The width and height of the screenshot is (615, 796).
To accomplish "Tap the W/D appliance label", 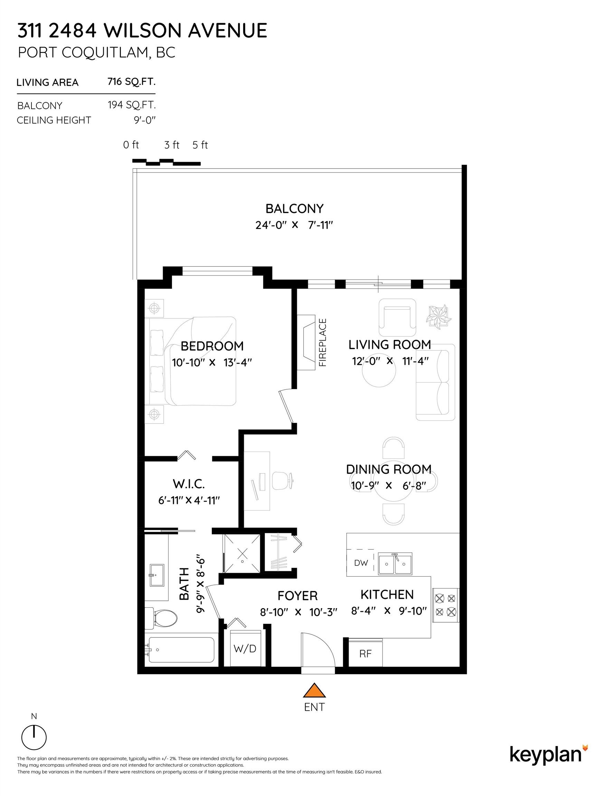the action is pyautogui.click(x=245, y=648).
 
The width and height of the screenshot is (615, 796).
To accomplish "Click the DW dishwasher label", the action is pyautogui.click(x=361, y=563).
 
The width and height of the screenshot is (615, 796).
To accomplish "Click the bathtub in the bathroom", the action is pyautogui.click(x=181, y=650).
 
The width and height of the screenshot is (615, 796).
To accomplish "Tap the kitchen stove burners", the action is pyautogui.click(x=445, y=605).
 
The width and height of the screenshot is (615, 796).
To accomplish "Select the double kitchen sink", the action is pyautogui.click(x=395, y=564).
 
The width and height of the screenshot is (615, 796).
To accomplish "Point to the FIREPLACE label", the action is pyautogui.click(x=323, y=342).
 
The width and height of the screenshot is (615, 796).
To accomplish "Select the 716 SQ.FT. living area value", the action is pyautogui.click(x=132, y=82).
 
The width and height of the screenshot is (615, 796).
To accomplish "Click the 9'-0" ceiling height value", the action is pyautogui.click(x=145, y=120).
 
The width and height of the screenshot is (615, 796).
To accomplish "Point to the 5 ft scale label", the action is pyautogui.click(x=200, y=145).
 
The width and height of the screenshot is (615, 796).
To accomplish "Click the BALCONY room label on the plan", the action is pyautogui.click(x=295, y=208).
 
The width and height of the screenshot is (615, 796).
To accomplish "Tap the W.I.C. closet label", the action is pyautogui.click(x=189, y=484).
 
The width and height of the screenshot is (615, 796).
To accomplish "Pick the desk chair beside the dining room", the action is pyautogui.click(x=283, y=481).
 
